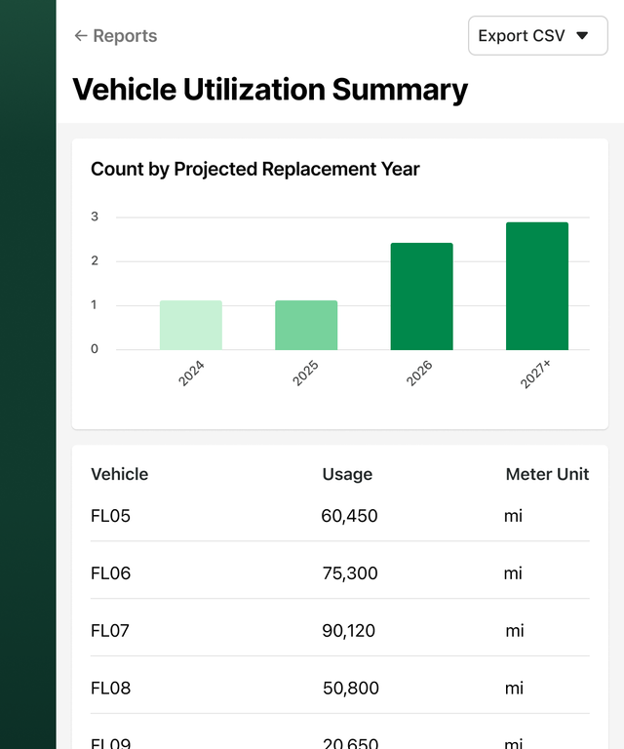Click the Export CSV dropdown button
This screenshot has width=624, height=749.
tap(537, 36)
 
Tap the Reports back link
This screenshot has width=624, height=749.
tap(115, 36)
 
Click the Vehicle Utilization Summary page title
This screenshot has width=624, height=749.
tap(270, 90)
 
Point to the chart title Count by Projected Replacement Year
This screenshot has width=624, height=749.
tap(254, 169)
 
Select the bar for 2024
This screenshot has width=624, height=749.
tap(191, 325)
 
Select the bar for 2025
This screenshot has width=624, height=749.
tap(306, 325)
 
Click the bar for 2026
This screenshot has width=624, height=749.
tap(421, 296)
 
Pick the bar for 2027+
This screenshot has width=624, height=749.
tap(536, 286)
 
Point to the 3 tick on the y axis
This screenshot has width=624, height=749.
tap(95, 217)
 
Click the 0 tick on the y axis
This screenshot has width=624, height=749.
tap(95, 349)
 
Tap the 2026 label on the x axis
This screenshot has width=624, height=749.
tap(419, 374)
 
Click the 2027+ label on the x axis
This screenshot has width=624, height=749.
tap(535, 374)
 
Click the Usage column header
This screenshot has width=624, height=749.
tap(347, 475)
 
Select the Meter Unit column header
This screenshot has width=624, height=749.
tap(547, 475)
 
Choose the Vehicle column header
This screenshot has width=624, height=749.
tap(119, 475)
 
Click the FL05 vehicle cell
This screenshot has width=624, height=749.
tap(110, 516)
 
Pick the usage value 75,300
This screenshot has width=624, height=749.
tap(350, 573)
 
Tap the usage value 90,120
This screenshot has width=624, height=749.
tap(349, 631)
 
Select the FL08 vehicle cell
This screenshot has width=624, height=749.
tap(110, 689)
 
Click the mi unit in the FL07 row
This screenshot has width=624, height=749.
tap(515, 631)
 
